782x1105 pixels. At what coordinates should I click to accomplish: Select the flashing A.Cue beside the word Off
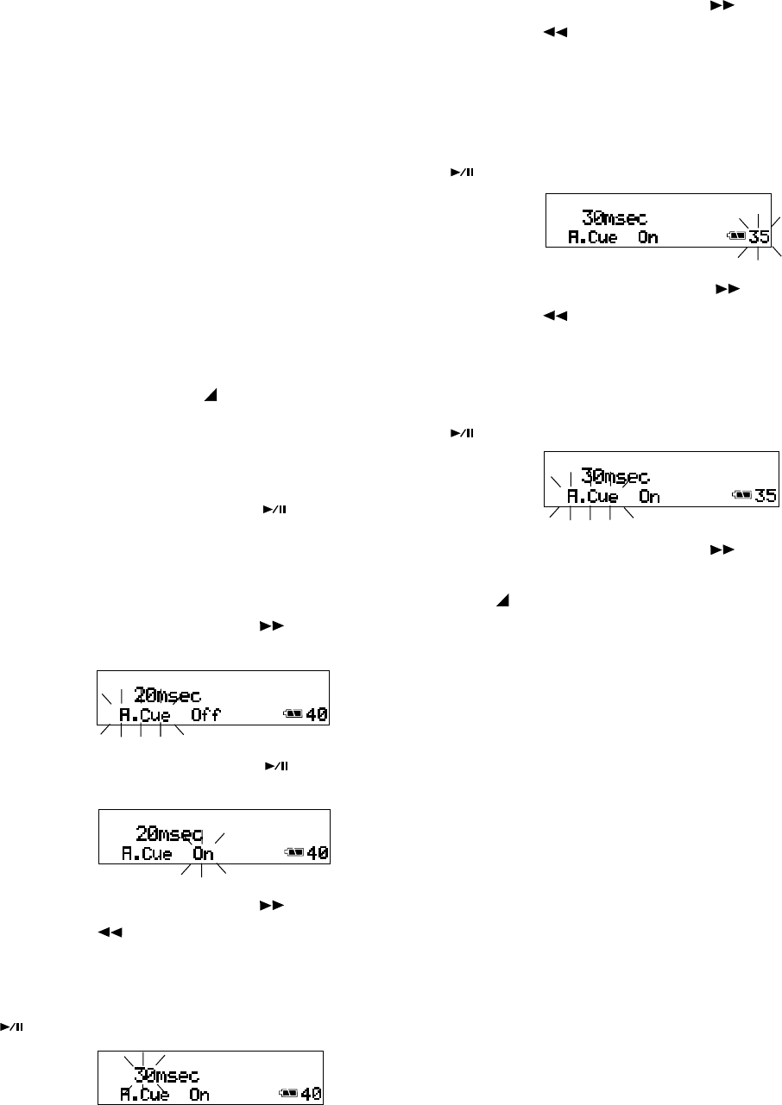tap(145, 715)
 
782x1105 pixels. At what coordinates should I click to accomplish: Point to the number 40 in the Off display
tap(317, 715)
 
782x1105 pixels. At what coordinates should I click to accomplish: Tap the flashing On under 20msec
tap(203, 855)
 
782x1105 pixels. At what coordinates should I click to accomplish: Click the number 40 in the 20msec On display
tap(318, 855)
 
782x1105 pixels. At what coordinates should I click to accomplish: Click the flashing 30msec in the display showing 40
tap(167, 1076)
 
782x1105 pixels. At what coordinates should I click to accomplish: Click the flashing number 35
tap(760, 236)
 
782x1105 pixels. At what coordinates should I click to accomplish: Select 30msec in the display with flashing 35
tap(613, 217)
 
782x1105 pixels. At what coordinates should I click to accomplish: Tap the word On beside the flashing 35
tap(648, 236)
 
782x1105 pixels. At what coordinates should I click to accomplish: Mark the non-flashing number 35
tap(765, 496)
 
